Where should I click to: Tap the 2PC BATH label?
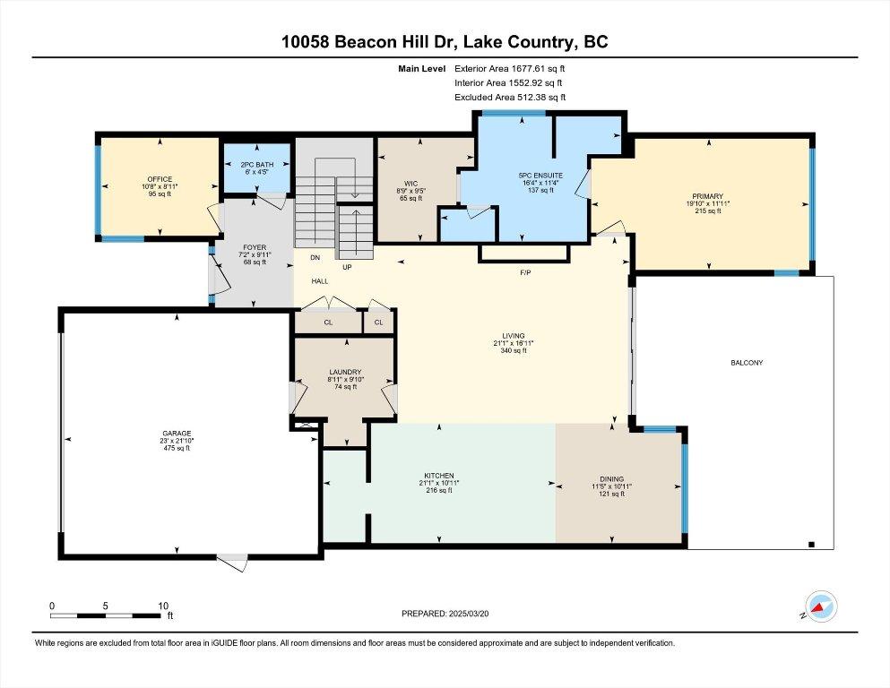[255, 165]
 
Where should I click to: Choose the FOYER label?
[255, 246]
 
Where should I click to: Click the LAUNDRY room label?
[345, 372]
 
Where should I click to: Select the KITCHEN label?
[439, 476]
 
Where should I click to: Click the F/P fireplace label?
[525, 272]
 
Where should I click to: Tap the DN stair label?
[315, 258]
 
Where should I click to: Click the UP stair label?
[346, 267]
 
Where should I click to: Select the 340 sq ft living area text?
[514, 350]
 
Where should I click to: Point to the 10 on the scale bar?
[162, 605]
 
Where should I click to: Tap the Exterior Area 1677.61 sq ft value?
[511, 68]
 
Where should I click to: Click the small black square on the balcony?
[811, 544]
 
